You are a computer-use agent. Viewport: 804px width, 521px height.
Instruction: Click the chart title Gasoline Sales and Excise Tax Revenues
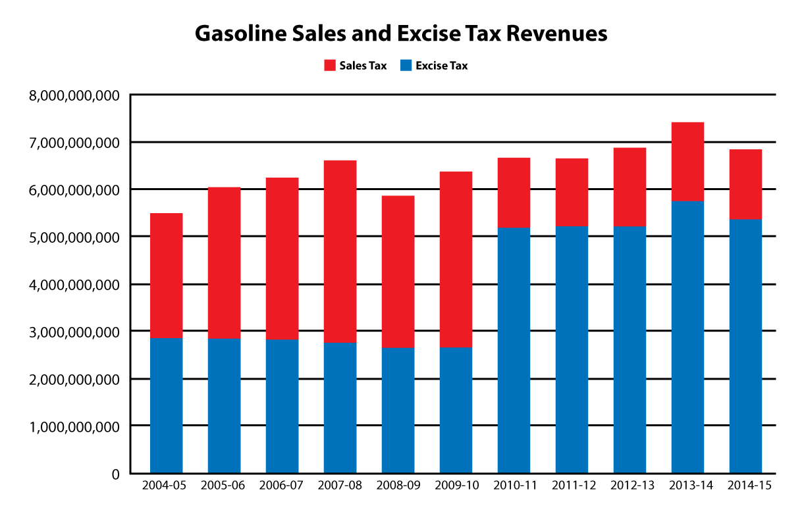pos(401,34)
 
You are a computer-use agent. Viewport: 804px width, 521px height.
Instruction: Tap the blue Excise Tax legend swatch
pos(406,66)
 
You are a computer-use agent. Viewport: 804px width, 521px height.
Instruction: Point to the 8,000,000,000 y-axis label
pos(74,96)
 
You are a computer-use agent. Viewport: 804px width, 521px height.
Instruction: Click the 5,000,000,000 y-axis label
pos(74,237)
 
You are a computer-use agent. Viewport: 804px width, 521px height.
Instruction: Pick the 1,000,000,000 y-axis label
pos(74,427)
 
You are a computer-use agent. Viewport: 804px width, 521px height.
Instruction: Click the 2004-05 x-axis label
pos(165,486)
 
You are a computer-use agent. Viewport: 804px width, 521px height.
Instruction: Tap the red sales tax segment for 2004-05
pos(166,275)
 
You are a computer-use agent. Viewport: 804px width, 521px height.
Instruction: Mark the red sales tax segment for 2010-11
pos(514,193)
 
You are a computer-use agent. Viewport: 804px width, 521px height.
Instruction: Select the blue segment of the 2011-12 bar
pos(572,349)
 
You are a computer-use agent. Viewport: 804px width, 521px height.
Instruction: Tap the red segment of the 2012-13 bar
pos(630,187)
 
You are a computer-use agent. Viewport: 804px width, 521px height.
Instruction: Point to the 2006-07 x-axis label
pos(281,486)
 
